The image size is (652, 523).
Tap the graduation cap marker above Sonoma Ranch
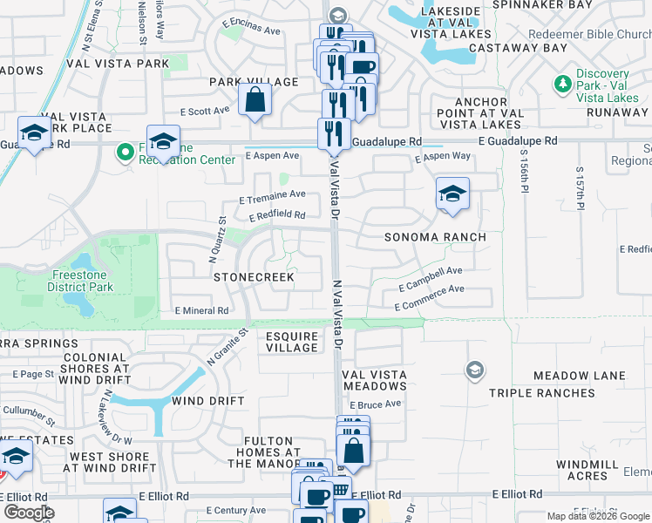[452, 194]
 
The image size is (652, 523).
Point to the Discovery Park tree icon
[563, 85]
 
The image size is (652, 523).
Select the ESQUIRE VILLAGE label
[292, 341]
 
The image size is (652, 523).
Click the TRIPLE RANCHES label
[541, 393]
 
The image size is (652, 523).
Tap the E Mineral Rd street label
[201, 310]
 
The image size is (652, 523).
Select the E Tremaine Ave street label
[279, 195]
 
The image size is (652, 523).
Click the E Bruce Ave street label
[376, 404]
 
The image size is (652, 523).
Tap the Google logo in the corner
[29, 512]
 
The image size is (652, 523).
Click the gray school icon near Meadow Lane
[475, 370]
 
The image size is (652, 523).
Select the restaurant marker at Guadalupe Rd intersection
[334, 132]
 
